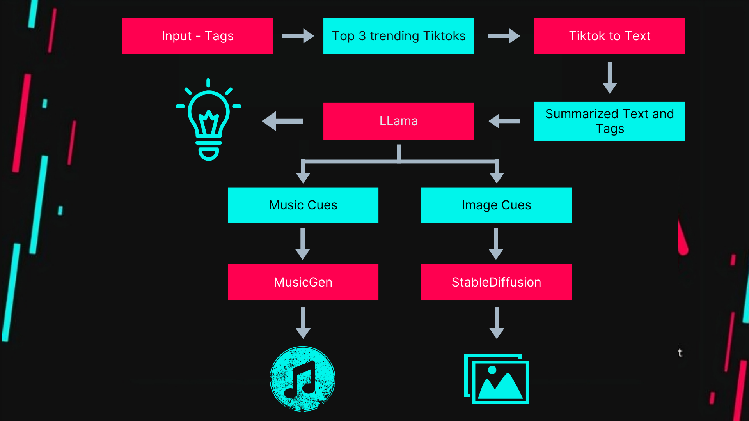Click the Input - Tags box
point(197,36)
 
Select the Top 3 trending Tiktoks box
point(398,36)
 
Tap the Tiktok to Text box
point(609,36)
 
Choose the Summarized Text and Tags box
point(609,121)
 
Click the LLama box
point(398,121)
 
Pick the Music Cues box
point(303,205)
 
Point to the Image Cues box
point(496,205)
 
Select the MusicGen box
point(303,282)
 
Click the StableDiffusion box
point(496,282)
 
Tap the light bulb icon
point(209,119)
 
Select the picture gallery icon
point(497,379)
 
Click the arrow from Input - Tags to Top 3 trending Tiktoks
point(298,36)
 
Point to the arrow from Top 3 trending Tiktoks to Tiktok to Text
point(504,36)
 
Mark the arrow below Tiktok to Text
point(610,78)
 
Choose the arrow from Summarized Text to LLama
point(504,121)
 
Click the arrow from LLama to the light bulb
point(282,121)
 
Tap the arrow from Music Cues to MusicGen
point(303,244)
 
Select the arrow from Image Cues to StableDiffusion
point(496,244)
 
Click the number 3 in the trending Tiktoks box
point(362,36)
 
